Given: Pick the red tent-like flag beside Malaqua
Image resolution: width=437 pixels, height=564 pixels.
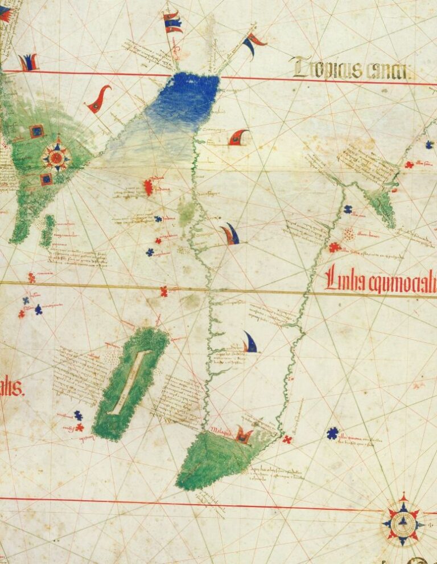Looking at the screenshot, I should pos(244,436).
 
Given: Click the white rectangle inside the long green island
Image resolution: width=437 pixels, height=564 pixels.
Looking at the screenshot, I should pos(129,382).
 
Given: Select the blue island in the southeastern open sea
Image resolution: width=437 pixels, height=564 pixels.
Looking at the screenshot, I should pos(332,434).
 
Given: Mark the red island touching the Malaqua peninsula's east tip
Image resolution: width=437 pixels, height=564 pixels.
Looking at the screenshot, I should pos(288,439).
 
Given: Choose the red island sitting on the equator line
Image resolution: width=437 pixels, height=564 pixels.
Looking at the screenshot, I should pos(164,291).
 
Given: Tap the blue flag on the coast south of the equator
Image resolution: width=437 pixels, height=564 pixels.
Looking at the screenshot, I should pos(249,342).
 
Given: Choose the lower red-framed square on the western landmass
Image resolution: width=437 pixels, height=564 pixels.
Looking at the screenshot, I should pos(46,179).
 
